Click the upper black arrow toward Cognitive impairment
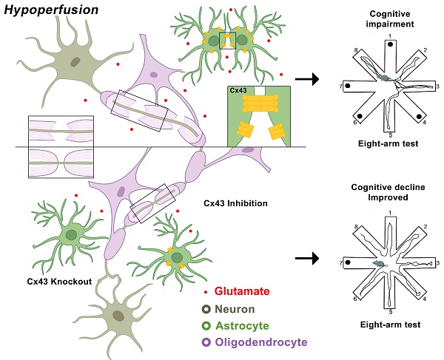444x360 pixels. pos(308,77)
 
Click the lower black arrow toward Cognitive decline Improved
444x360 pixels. pos(308,259)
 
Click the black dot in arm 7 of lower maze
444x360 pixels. pos(347,262)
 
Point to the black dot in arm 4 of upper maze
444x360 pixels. pos(420,116)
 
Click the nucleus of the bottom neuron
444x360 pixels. pos(118,316)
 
